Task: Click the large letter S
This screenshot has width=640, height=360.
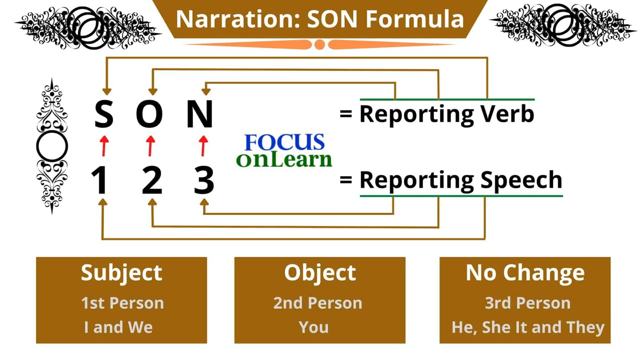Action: click(x=104, y=114)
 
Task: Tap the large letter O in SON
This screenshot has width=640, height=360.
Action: click(x=150, y=114)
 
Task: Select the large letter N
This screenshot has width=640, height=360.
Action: click(x=200, y=114)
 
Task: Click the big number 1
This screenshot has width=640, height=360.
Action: click(x=100, y=180)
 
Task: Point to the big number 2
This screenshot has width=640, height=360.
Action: click(x=152, y=180)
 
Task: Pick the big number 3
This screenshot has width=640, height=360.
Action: click(x=204, y=180)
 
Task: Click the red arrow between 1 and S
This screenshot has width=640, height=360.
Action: click(x=104, y=146)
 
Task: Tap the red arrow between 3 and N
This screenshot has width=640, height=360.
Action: click(x=204, y=146)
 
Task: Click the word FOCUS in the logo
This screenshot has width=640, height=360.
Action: click(x=284, y=142)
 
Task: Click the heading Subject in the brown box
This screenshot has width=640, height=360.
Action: click(x=122, y=273)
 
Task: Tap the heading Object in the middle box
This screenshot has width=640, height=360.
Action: click(x=320, y=273)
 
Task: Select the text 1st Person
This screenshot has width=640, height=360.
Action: click(x=122, y=303)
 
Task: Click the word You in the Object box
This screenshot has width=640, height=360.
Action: click(x=314, y=327)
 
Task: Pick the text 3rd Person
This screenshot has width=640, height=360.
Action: click(x=528, y=303)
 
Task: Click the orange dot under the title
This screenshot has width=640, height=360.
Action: click(x=320, y=44)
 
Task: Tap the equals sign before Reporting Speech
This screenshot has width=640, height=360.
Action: click(x=346, y=180)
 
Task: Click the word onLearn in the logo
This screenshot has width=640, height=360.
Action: click(x=284, y=160)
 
